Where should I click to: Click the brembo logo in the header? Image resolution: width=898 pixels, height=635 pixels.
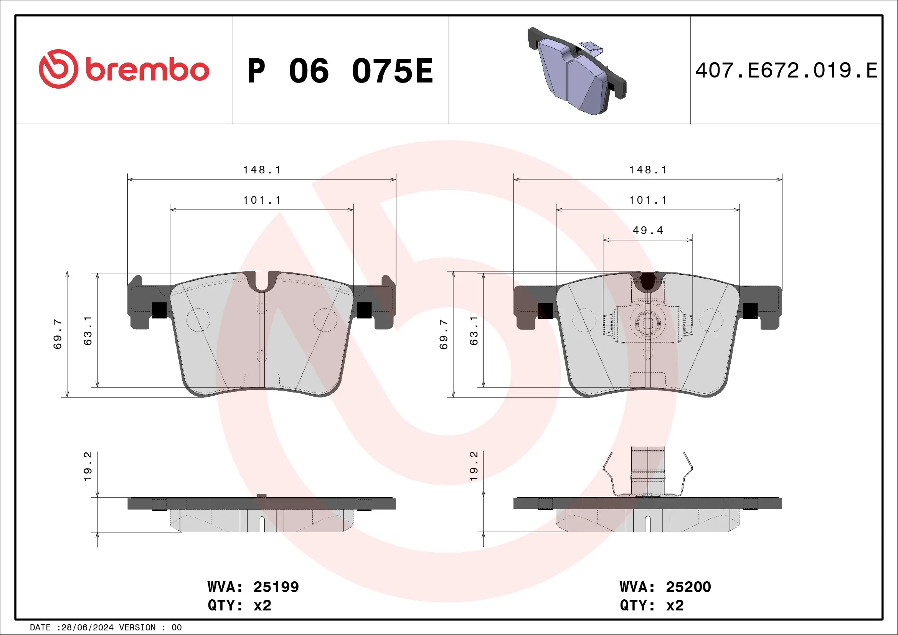coord(124,69)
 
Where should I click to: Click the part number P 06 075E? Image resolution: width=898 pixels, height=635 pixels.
coord(340,71)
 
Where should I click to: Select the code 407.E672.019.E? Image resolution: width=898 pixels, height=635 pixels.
coord(786,71)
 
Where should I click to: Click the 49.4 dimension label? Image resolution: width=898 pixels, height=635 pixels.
coord(648,230)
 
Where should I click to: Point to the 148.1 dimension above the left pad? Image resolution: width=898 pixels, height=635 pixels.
coord(262,170)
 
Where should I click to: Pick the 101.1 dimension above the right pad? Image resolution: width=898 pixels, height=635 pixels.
coord(648,200)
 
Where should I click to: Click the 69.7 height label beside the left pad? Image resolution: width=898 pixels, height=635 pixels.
coord(58,334)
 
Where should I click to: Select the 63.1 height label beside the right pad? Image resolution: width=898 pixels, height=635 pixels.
coord(474,331)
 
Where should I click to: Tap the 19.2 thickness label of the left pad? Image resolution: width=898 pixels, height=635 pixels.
coord(87,467)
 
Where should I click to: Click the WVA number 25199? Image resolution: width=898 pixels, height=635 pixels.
coord(276,587)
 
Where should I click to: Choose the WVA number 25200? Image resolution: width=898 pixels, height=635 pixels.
coord(688,587)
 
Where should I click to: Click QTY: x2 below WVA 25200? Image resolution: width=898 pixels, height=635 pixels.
coord(652,605)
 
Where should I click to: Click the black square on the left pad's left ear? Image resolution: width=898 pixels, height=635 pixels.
coord(159,310)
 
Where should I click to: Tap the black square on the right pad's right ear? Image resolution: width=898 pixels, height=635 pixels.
coord(750,310)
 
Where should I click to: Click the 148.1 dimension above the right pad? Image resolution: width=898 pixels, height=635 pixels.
coord(648,170)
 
